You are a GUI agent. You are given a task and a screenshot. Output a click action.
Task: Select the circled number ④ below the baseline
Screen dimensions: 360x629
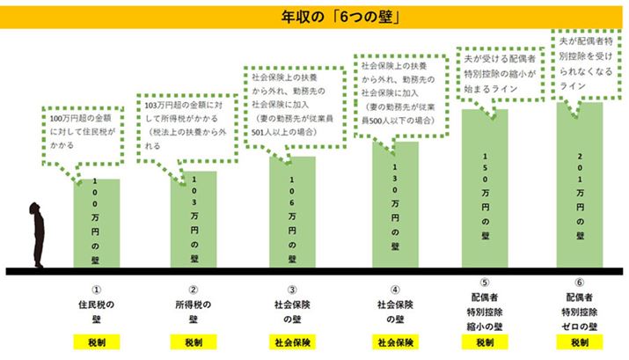[x=395, y=289]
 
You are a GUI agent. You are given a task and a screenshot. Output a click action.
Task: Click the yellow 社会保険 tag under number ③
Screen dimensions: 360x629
[x=292, y=342]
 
